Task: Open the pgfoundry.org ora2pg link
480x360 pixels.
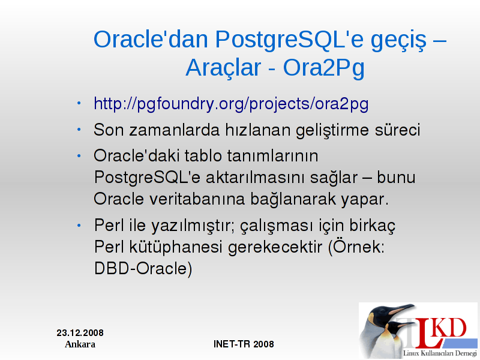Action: click(x=231, y=104)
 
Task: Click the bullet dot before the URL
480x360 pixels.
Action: click(x=79, y=103)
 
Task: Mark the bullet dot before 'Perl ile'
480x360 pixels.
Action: click(x=79, y=226)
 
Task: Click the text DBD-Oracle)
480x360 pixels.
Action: click(x=143, y=269)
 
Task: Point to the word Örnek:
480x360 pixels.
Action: click(x=356, y=247)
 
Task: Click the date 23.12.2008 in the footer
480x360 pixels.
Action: click(x=80, y=333)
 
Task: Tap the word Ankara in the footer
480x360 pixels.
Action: click(x=80, y=344)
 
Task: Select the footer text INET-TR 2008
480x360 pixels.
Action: click(x=244, y=344)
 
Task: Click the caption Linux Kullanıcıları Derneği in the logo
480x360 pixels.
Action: click(x=440, y=353)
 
